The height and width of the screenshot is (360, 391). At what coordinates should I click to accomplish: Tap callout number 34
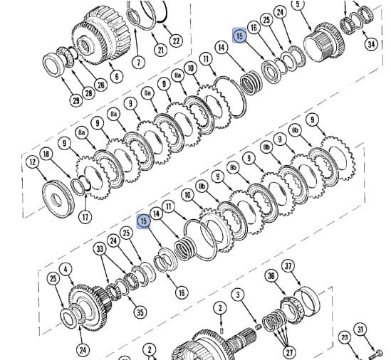coord(371,44)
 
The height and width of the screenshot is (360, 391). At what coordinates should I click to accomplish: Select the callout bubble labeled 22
coord(176,41)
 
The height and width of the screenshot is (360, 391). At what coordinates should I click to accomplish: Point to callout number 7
coord(138,61)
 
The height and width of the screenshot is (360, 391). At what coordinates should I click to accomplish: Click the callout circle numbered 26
coord(100,85)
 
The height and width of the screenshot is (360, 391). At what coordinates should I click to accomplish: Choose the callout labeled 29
coord(75,100)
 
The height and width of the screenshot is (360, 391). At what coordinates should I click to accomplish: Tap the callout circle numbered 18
coord(46,154)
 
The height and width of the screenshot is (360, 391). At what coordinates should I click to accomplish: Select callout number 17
coord(85,217)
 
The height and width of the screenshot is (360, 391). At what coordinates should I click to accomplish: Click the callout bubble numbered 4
coord(66,270)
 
